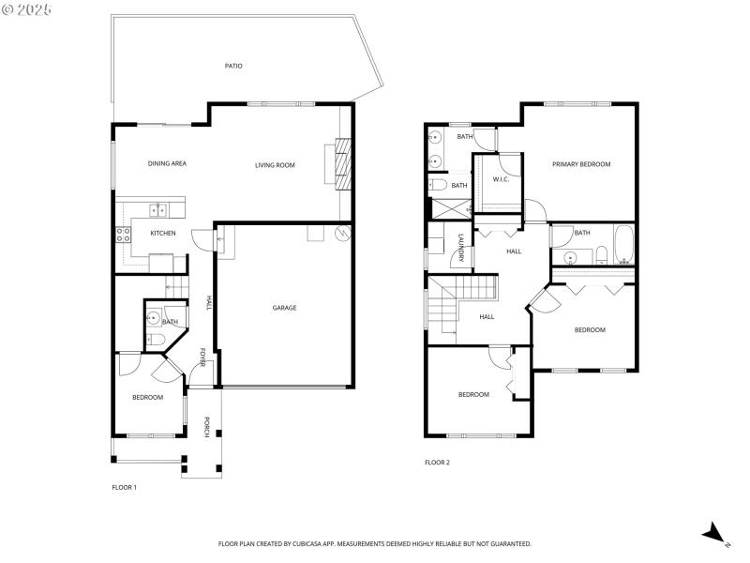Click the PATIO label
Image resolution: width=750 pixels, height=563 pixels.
coord(233,66)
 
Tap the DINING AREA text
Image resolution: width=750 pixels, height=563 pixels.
coord(167,164)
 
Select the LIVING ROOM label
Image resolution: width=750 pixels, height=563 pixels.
coord(275,165)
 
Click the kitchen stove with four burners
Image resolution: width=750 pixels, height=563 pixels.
coord(122,235)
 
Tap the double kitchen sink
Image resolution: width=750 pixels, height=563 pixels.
coord(156,209)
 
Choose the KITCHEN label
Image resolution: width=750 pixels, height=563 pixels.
coord(163,233)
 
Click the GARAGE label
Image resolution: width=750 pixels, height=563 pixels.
coord(284,308)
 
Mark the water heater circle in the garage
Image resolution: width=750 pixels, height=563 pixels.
coord(343,230)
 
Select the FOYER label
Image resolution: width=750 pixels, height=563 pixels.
coord(203,358)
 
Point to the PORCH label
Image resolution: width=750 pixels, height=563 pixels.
coord(207,426)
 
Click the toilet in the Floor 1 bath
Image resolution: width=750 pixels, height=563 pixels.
coord(156,338)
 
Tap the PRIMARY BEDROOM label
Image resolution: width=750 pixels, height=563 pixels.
coord(580,164)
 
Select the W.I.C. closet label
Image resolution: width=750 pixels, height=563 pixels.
coord(500,179)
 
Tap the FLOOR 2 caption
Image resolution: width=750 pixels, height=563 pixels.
coord(437,462)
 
